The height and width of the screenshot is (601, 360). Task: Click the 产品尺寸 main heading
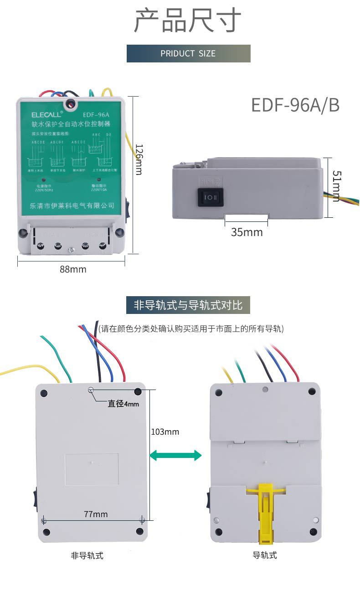(x=187, y=21)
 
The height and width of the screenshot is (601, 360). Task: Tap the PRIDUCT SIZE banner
(x=188, y=53)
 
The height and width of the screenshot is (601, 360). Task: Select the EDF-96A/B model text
(x=295, y=105)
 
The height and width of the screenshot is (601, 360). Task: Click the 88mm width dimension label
(x=73, y=269)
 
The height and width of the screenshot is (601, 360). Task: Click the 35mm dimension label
(x=247, y=232)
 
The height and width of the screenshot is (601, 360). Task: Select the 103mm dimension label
(x=165, y=431)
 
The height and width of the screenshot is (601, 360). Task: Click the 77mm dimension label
(x=96, y=514)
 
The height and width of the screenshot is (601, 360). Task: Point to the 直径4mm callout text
(x=123, y=404)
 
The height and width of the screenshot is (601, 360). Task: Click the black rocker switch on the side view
(x=211, y=197)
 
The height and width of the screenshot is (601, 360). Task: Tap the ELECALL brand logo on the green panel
(x=44, y=115)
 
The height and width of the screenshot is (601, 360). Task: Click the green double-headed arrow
(x=175, y=455)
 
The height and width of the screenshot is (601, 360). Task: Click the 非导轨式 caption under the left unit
(x=87, y=555)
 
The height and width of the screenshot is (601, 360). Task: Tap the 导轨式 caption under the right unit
(x=265, y=555)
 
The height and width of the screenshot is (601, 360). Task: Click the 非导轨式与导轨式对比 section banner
(x=188, y=305)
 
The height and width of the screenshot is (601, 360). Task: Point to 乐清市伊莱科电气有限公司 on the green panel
(x=72, y=205)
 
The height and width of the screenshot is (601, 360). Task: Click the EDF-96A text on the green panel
(x=96, y=115)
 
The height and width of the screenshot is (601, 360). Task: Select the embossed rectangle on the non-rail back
(x=92, y=469)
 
